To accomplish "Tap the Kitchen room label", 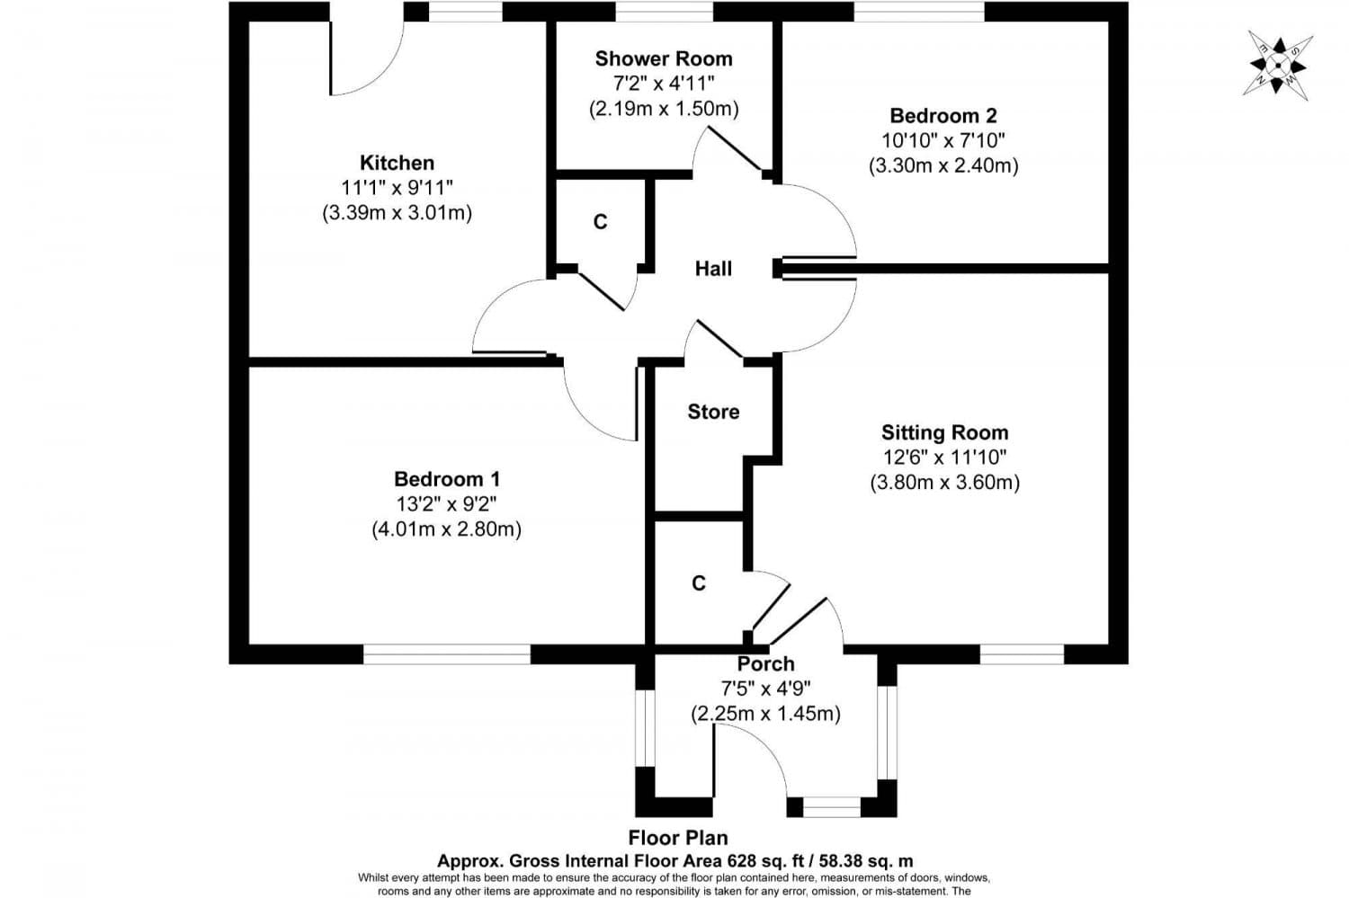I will click(397, 163).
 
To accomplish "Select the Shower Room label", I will click(664, 59).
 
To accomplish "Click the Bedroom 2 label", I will click(943, 116).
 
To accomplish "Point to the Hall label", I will click(713, 269).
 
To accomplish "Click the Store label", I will click(713, 412).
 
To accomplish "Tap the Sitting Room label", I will click(944, 432).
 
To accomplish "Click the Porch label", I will click(765, 664).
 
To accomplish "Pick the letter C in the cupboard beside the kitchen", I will click(600, 222).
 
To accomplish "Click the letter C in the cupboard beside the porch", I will click(699, 584).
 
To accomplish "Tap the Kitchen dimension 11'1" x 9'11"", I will click(397, 188).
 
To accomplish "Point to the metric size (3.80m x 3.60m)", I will click(944, 483).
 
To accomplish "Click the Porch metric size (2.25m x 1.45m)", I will click(765, 714).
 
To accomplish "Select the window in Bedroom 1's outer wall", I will click(447, 654).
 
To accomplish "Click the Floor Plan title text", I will click(678, 839).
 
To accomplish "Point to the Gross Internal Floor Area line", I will click(674, 860).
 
